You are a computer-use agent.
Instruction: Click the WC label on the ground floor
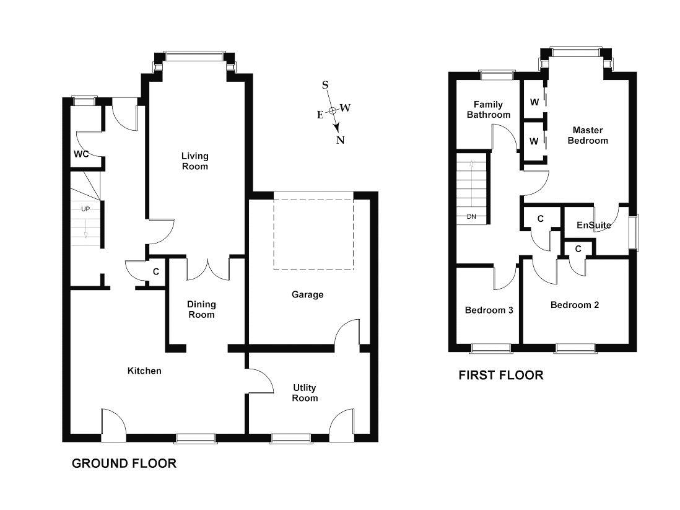pos(81,154)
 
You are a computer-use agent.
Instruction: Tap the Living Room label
pos(194,161)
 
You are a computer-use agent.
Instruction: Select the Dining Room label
pos(201,309)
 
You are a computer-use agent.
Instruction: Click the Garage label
pos(308,294)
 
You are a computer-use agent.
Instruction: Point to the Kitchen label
pos(144,371)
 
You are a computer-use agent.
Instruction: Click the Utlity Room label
pos(305,393)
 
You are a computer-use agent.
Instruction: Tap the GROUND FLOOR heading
pos(124,463)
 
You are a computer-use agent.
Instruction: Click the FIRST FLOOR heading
pos(500,375)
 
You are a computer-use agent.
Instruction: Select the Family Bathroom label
pos(489,110)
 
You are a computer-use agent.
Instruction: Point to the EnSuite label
pos(593,225)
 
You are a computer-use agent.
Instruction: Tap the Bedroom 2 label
pos(574,305)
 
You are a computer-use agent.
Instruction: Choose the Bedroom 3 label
pos(489,310)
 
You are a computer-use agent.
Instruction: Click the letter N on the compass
pos(340,139)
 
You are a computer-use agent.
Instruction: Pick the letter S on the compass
pos(325,85)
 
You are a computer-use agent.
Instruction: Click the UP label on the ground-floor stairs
pos(85,209)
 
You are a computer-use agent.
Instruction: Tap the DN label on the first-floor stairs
pos(471,216)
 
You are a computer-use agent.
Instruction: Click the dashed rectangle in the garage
pos(313,231)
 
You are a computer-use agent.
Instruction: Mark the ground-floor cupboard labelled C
pos(155,271)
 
